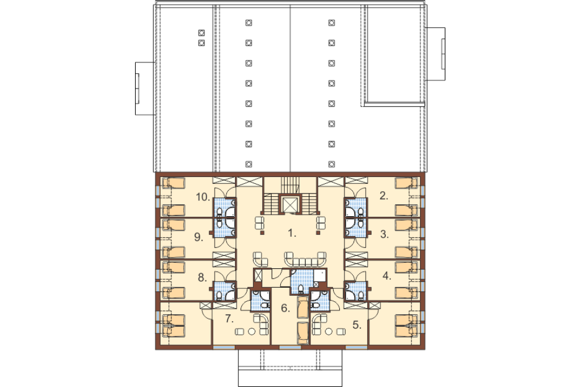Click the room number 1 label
click(292, 233)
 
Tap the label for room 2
click(384, 196)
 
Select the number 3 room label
click(384, 234)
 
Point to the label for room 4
click(387, 276)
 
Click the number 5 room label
click(357, 325)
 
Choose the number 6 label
click(285, 308)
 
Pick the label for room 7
click(229, 318)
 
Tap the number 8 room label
click(202, 277)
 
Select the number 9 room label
click(199, 237)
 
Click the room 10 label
click(203, 197)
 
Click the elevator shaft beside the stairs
click(290, 204)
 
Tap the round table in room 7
click(251, 331)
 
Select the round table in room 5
click(329, 331)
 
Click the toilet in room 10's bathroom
click(220, 212)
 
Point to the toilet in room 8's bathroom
click(220, 295)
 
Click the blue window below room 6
click(290, 347)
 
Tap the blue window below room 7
click(224, 347)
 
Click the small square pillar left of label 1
click(262, 233)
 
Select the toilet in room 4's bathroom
click(360, 295)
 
